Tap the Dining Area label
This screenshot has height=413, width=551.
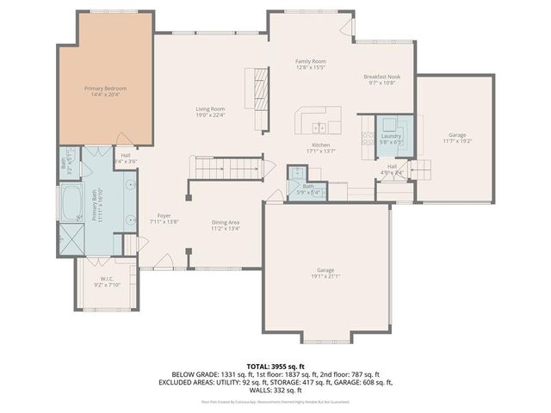[x=226, y=225]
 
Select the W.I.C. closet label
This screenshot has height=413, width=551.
[x=108, y=280]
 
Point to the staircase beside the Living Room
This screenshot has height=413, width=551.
[x=226, y=167]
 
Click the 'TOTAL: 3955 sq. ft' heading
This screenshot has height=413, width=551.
[x=275, y=367]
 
